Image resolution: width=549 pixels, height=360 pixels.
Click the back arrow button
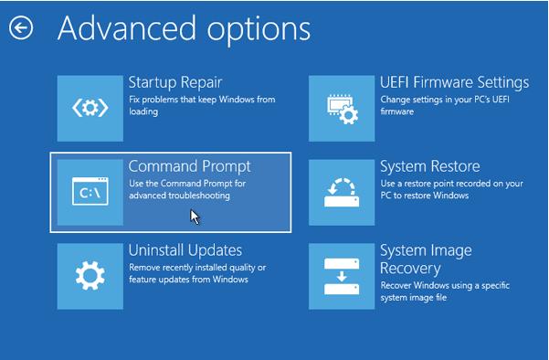(x=20, y=27)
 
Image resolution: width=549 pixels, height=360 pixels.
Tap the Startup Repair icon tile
(x=90, y=108)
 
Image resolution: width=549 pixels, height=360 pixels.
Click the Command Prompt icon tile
(x=90, y=192)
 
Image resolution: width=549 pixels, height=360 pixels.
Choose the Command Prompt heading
(x=189, y=166)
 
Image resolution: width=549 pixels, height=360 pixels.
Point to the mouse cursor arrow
(x=195, y=216)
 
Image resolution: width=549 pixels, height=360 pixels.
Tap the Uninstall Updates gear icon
(x=90, y=275)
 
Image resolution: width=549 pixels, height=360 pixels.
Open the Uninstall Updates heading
(x=185, y=249)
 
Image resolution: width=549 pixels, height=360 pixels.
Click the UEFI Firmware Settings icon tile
(x=342, y=108)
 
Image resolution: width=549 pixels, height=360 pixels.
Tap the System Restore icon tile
(x=342, y=192)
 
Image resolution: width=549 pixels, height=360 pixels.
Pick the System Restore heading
(x=429, y=166)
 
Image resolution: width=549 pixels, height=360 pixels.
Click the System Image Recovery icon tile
(x=342, y=275)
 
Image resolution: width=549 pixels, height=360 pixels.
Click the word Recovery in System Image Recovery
(x=410, y=269)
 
